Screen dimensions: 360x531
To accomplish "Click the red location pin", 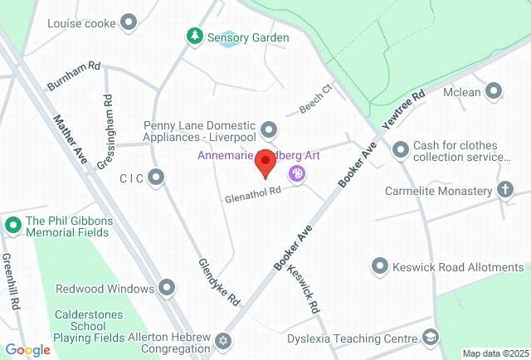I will pos(265,164).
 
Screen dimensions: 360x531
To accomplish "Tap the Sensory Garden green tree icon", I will pos(194,36).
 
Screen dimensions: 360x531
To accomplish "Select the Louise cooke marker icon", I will pos(129,22).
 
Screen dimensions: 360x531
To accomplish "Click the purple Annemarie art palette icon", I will pos(296,173).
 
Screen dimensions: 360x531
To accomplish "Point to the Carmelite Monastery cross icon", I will pos(504,191).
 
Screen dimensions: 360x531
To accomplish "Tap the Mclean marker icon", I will pos(494,91).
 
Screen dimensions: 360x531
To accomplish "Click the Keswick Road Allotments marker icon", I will pos(380,266).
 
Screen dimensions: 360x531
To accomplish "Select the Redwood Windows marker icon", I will pos(168,288).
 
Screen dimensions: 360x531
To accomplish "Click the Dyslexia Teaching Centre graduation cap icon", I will pos(430,338).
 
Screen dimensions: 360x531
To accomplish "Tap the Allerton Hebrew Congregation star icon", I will pos(222,341).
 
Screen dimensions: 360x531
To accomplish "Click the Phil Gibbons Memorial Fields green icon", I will pos(12,225).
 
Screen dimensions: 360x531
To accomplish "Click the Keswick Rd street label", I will pos(304,286).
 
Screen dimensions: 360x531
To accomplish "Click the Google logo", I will pos(27,350).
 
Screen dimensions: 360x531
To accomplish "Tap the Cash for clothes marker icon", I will pos(401,149).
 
